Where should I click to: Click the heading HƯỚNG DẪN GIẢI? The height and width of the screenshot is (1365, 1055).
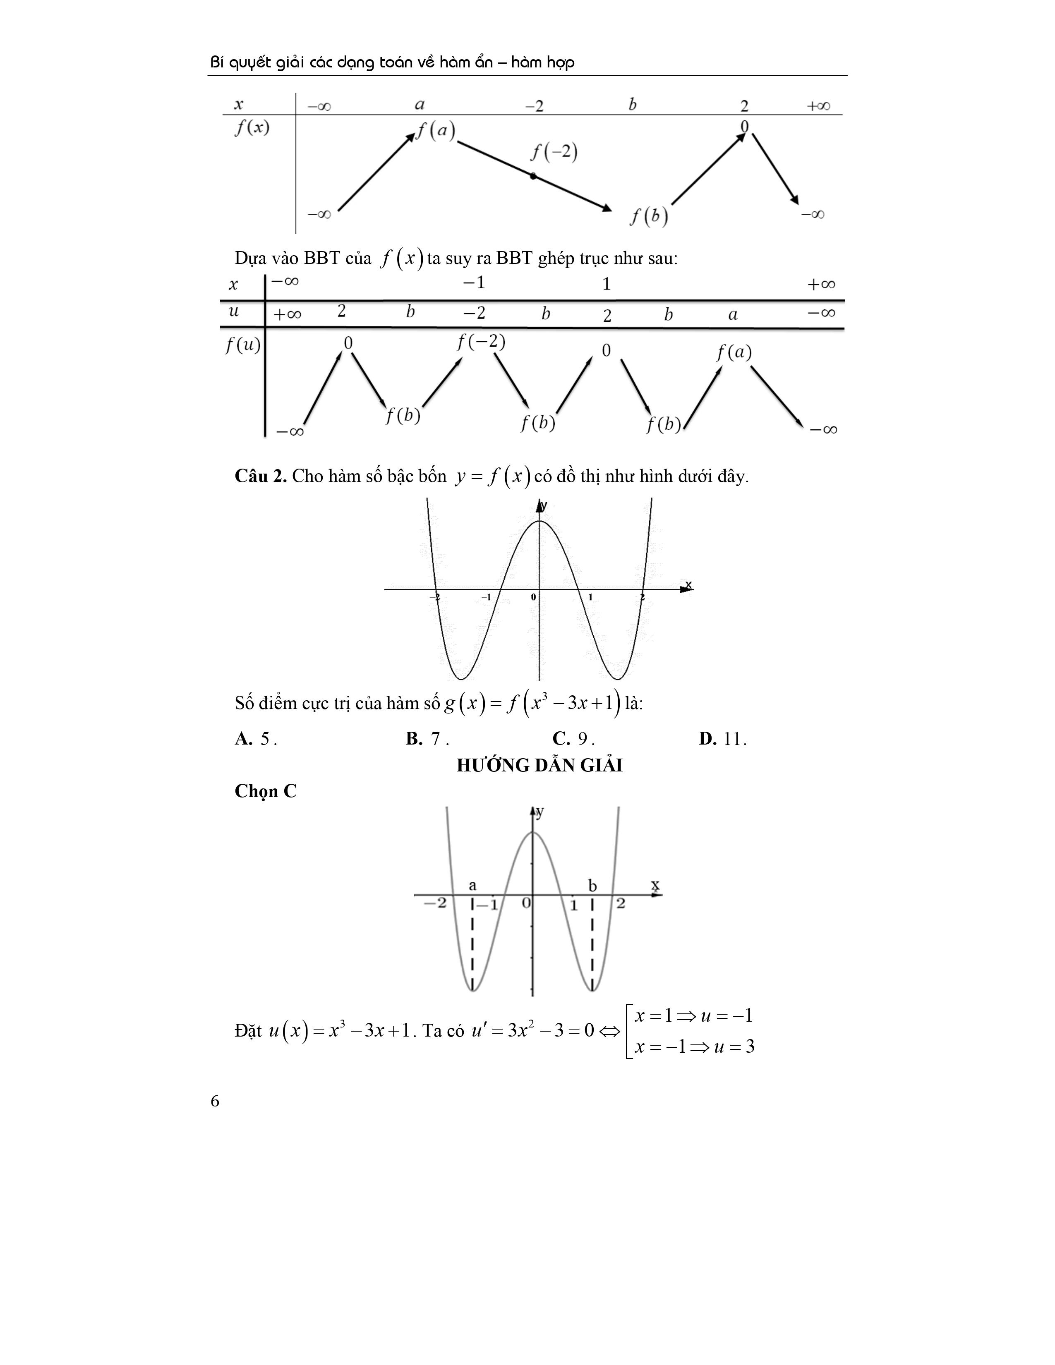(x=539, y=766)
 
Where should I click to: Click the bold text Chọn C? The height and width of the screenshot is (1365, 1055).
(x=266, y=791)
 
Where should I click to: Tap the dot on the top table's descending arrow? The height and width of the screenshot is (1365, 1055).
(x=532, y=176)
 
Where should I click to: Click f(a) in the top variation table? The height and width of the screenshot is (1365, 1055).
(x=436, y=131)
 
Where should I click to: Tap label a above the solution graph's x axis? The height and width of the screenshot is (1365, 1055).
(x=472, y=885)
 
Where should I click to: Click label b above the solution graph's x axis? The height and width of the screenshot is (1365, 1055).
(x=592, y=886)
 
